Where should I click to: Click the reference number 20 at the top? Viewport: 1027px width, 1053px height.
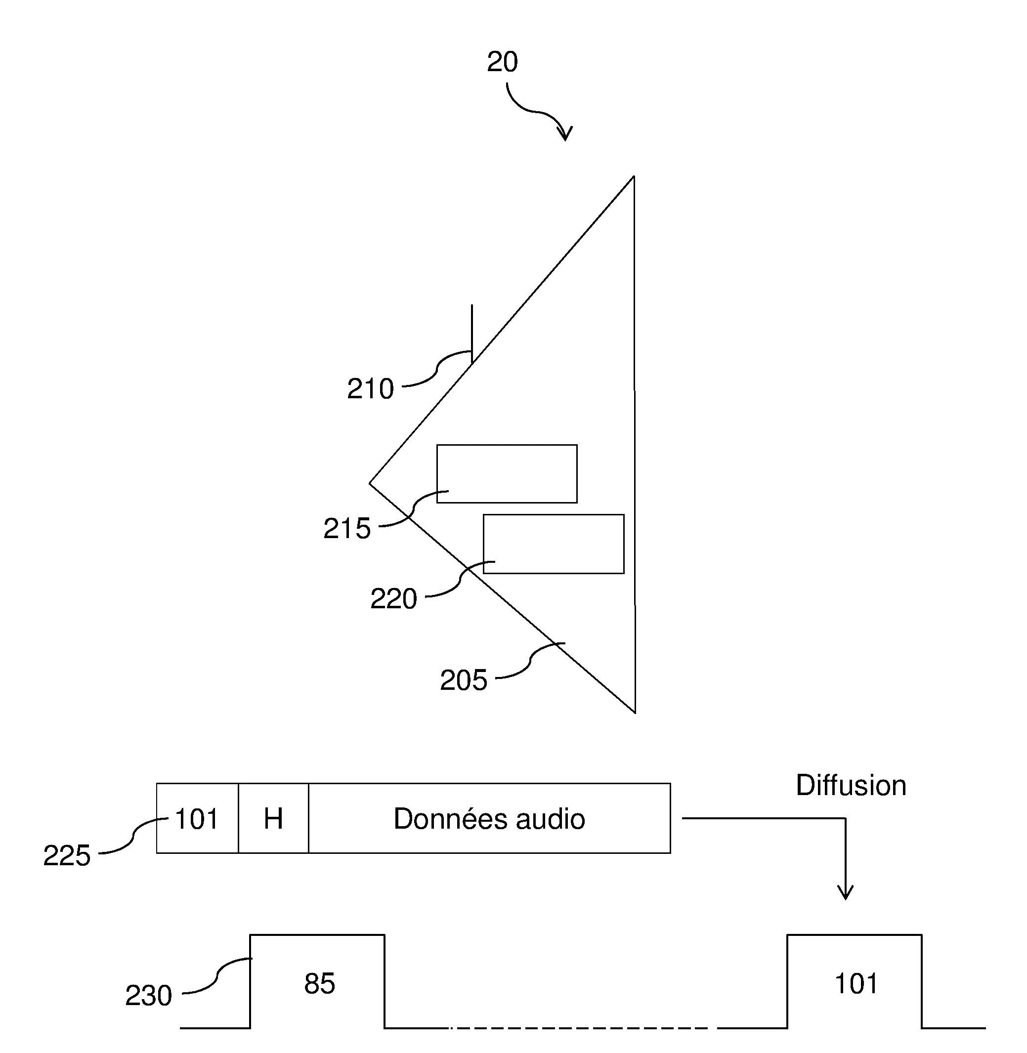(x=502, y=62)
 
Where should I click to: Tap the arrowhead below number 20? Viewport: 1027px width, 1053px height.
(x=565, y=134)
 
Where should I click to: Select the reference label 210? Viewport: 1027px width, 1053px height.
(x=370, y=389)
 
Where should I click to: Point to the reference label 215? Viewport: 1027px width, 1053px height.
(x=347, y=528)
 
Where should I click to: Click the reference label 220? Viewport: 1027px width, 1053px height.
(x=393, y=598)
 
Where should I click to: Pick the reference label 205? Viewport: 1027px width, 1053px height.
(x=464, y=680)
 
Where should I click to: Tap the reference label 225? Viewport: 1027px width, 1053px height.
(x=66, y=856)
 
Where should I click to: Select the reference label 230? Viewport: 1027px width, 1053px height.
(x=148, y=995)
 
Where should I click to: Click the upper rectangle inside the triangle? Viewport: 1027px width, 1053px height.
(x=507, y=473)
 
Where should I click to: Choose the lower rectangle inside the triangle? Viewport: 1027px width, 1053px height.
(x=554, y=544)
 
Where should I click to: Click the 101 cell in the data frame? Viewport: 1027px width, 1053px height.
(x=197, y=819)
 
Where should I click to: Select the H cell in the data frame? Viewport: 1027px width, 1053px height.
(x=273, y=819)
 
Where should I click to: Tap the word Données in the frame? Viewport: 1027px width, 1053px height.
(x=450, y=819)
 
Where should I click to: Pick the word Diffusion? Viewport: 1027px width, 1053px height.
(x=851, y=786)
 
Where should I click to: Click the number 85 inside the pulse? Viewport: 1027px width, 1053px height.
(x=319, y=983)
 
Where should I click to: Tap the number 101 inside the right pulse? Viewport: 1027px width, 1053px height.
(x=856, y=983)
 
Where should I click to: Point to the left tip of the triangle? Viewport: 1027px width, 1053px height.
(x=371, y=483)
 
